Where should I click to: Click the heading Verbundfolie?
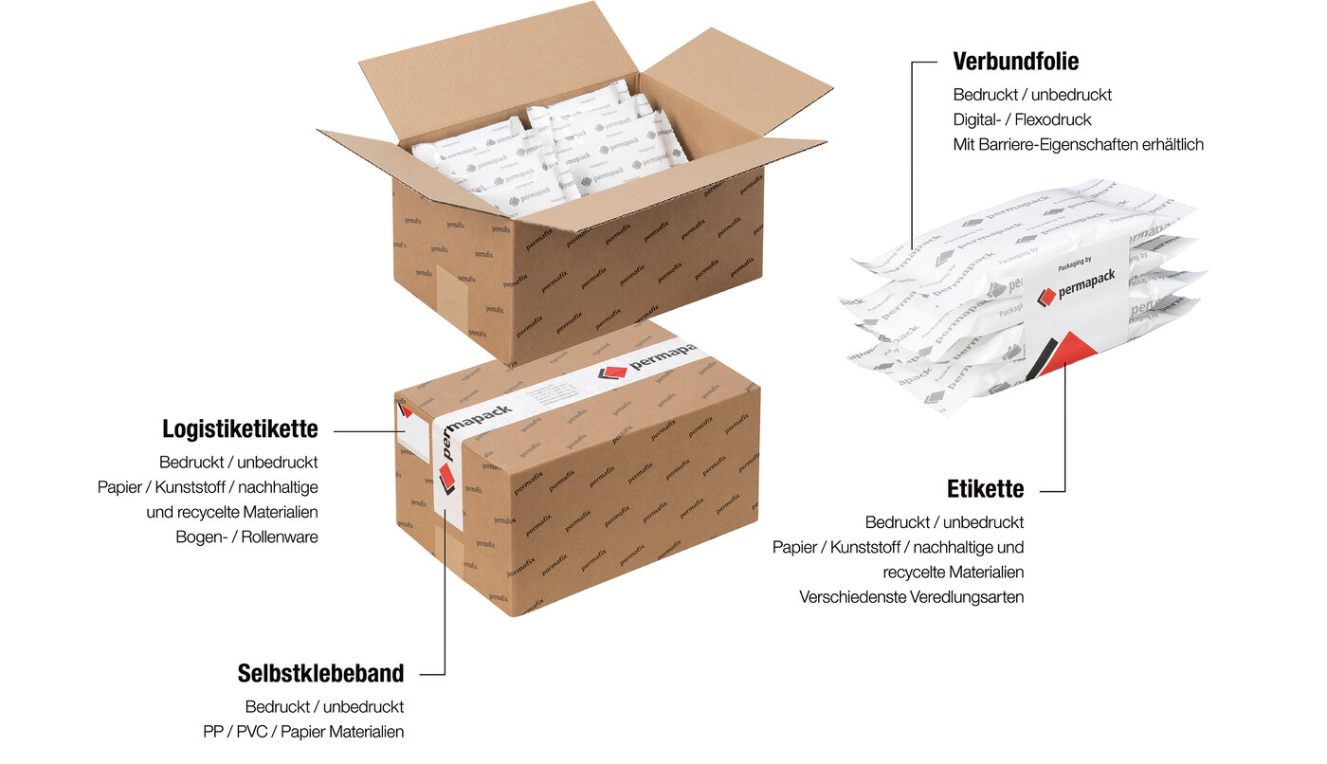click(x=1015, y=62)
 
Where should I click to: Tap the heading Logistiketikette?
click(x=240, y=429)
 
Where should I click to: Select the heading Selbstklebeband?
click(x=320, y=674)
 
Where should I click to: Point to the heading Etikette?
click(x=985, y=489)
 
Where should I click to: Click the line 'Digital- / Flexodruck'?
click(x=1022, y=119)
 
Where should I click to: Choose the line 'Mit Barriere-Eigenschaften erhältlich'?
click(x=1078, y=144)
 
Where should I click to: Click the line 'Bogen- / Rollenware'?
click(x=246, y=537)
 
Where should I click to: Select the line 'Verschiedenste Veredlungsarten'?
click(x=911, y=597)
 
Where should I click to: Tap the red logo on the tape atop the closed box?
click(x=613, y=372)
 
